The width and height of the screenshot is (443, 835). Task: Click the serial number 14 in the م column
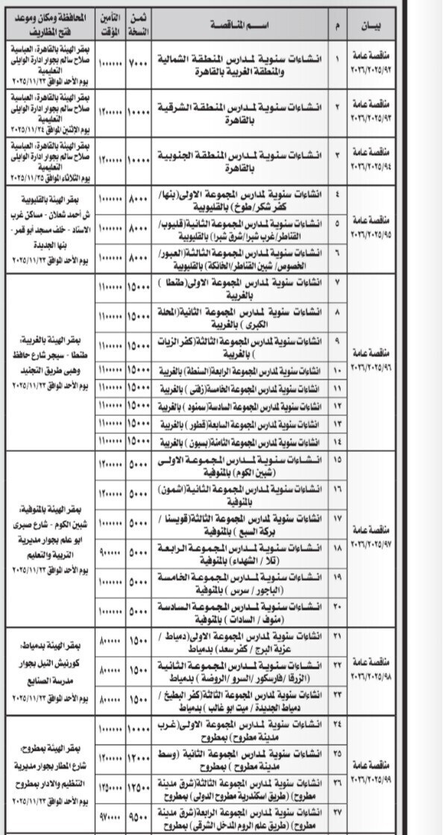(x=337, y=441)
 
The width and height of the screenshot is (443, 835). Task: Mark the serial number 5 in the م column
(x=337, y=223)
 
